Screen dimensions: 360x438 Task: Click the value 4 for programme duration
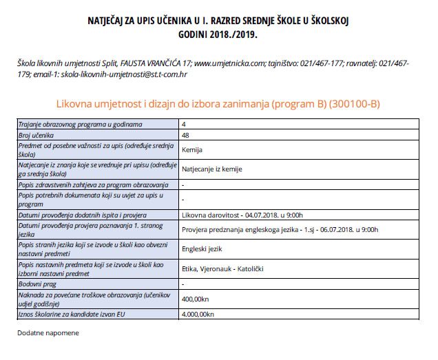point(184,125)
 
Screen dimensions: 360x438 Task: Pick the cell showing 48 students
point(186,136)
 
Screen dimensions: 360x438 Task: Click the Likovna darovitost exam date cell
point(242,215)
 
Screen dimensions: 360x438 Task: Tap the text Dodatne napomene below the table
point(48,333)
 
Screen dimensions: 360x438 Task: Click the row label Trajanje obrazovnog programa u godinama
point(85,125)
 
